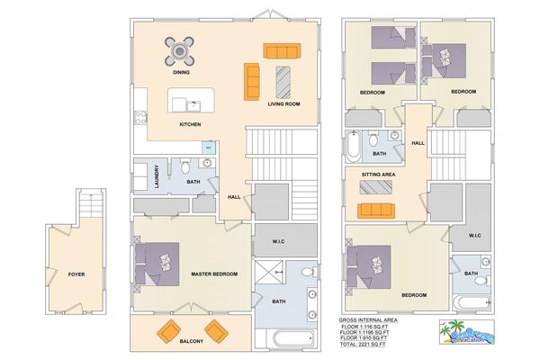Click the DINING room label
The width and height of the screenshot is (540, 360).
182,72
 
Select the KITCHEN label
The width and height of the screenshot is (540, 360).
190,124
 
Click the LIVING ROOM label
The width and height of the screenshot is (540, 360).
283,104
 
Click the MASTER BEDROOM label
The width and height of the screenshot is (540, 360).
214,274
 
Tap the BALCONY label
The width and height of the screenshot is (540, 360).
191,342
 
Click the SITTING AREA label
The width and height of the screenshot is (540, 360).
377,174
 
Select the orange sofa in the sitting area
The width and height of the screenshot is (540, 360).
375,210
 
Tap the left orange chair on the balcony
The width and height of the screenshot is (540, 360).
168,328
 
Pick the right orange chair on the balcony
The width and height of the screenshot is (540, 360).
216,328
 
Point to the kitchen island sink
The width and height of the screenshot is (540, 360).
181,103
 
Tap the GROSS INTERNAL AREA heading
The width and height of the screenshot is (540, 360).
370,319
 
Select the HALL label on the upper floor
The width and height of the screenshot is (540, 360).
418,142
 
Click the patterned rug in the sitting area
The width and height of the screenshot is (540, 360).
375,187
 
